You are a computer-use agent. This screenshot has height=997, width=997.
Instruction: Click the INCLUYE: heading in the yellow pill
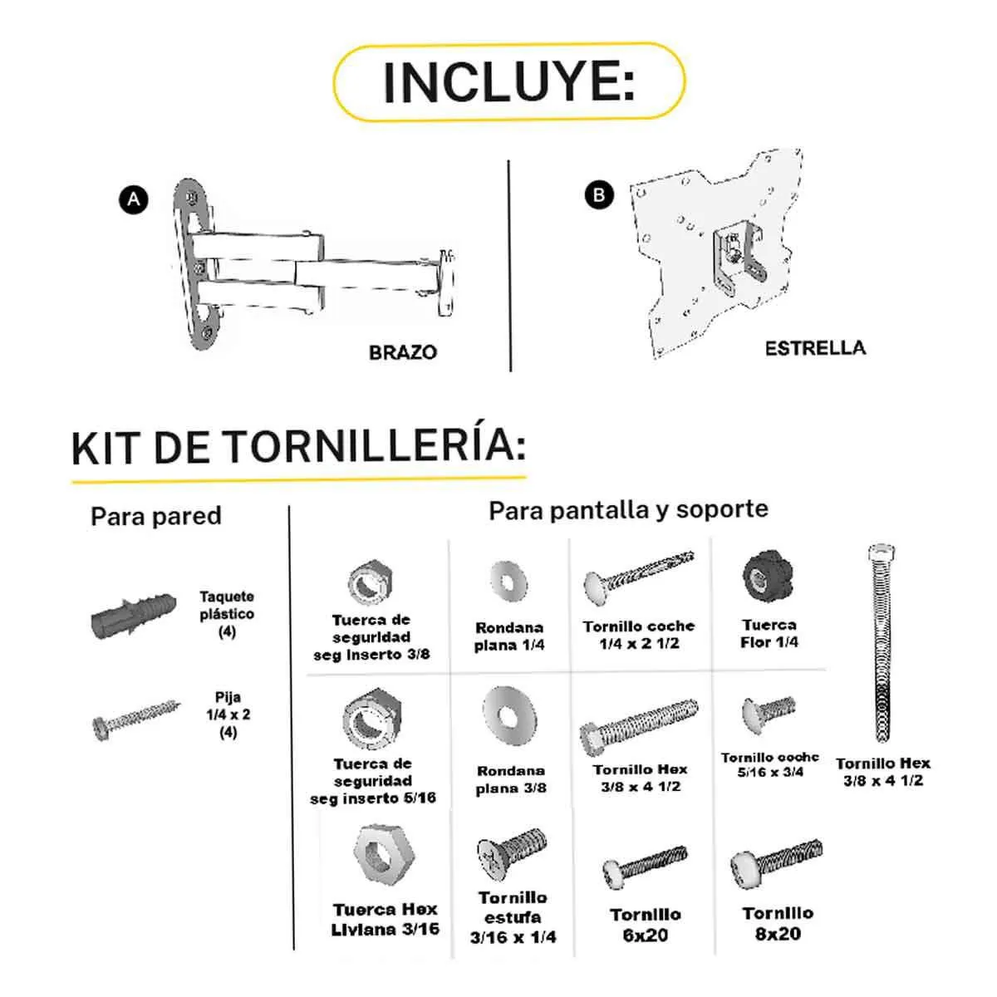coord(508,81)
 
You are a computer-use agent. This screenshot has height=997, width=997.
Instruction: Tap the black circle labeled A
coord(134,199)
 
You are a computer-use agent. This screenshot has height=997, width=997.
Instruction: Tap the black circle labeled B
coord(599,195)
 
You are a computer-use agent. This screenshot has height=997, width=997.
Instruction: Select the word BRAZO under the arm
coord(402,352)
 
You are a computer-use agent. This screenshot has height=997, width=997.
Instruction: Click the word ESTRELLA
coord(814,348)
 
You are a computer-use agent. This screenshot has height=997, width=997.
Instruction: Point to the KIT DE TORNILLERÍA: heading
coord(299,447)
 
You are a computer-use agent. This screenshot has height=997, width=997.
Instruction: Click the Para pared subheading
coord(156,516)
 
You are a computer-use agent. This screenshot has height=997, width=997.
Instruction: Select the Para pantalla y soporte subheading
coord(628,509)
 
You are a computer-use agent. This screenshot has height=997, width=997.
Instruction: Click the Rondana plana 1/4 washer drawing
coord(508,580)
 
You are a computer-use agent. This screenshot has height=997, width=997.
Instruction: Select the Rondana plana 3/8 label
coord(511,779)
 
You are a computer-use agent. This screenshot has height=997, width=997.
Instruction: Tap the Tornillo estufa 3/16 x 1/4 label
coord(513,917)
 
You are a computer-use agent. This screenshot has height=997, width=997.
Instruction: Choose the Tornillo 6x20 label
coord(646,924)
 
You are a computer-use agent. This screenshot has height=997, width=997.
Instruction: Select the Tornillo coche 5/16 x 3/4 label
coord(769,764)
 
